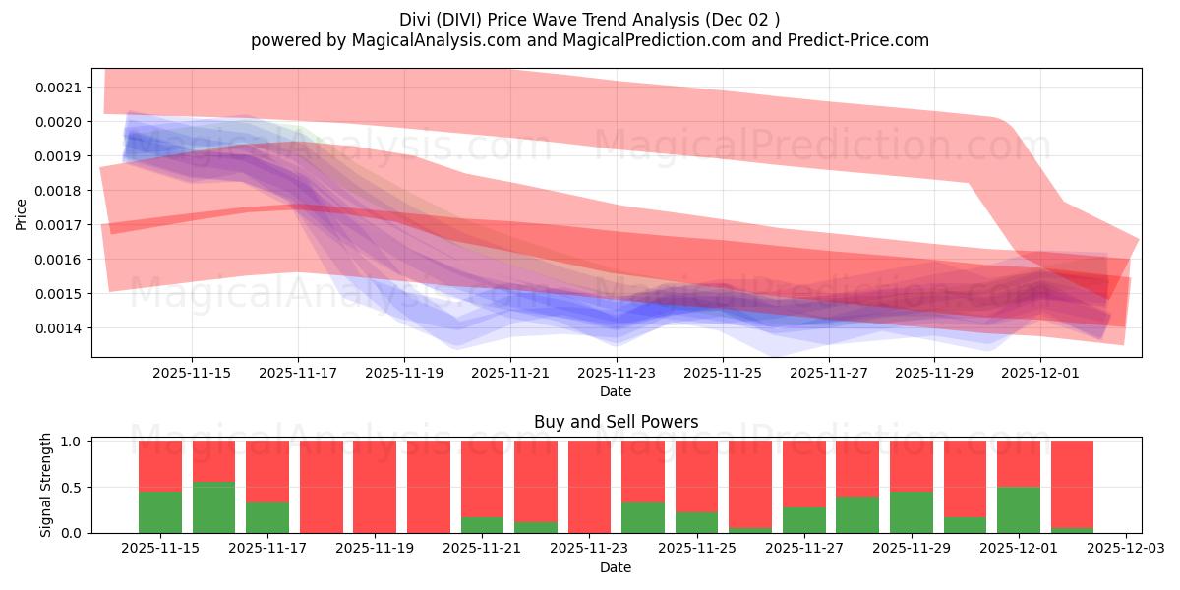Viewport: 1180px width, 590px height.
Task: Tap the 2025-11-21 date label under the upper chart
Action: pos(510,373)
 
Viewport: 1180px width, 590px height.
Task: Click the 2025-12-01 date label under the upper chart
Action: pos(1041,373)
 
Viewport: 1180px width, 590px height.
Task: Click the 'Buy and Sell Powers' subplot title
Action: pos(616,422)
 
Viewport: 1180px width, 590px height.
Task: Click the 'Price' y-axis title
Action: pos(22,214)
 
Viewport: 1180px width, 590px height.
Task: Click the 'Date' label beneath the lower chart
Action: pos(616,567)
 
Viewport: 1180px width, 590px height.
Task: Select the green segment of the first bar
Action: pos(160,511)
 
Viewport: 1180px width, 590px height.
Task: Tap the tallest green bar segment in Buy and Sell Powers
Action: pos(213,507)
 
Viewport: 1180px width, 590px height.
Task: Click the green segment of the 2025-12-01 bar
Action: pos(1018,509)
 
